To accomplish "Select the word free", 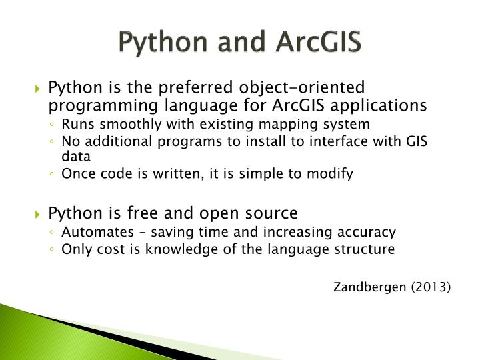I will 143,213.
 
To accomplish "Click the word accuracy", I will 370,232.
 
